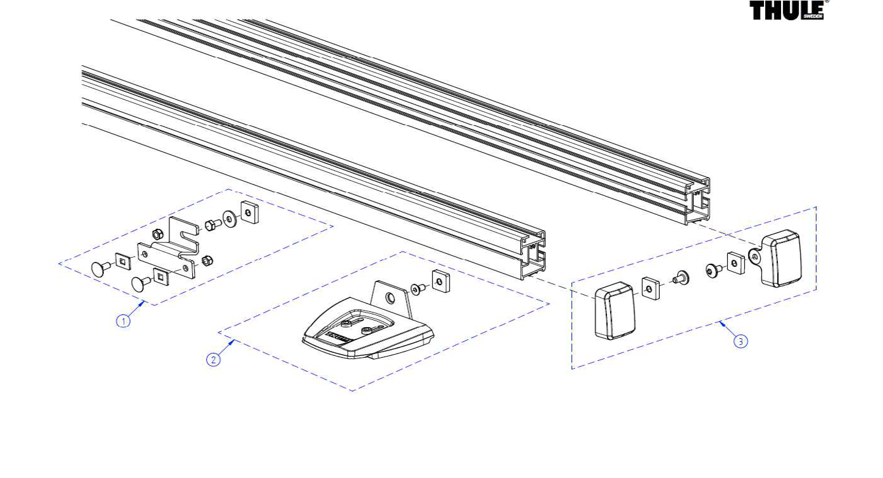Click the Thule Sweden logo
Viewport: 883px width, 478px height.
pos(787,10)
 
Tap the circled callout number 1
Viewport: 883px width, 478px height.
pos(123,321)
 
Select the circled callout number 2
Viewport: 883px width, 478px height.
pos(214,360)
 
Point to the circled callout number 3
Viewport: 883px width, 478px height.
pos(741,341)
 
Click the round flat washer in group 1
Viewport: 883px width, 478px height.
pos(230,219)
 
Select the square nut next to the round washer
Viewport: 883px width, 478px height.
pos(249,212)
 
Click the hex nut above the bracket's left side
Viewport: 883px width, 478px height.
pos(157,234)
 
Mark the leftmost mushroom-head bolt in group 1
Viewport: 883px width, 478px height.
pos(101,269)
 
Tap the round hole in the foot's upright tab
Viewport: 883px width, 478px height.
pos(390,298)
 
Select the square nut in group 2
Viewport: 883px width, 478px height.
pos(441,281)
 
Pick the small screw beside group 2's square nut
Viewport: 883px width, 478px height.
pos(418,289)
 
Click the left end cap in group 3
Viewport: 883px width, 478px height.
pos(614,311)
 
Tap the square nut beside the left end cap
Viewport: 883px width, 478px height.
pos(651,289)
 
